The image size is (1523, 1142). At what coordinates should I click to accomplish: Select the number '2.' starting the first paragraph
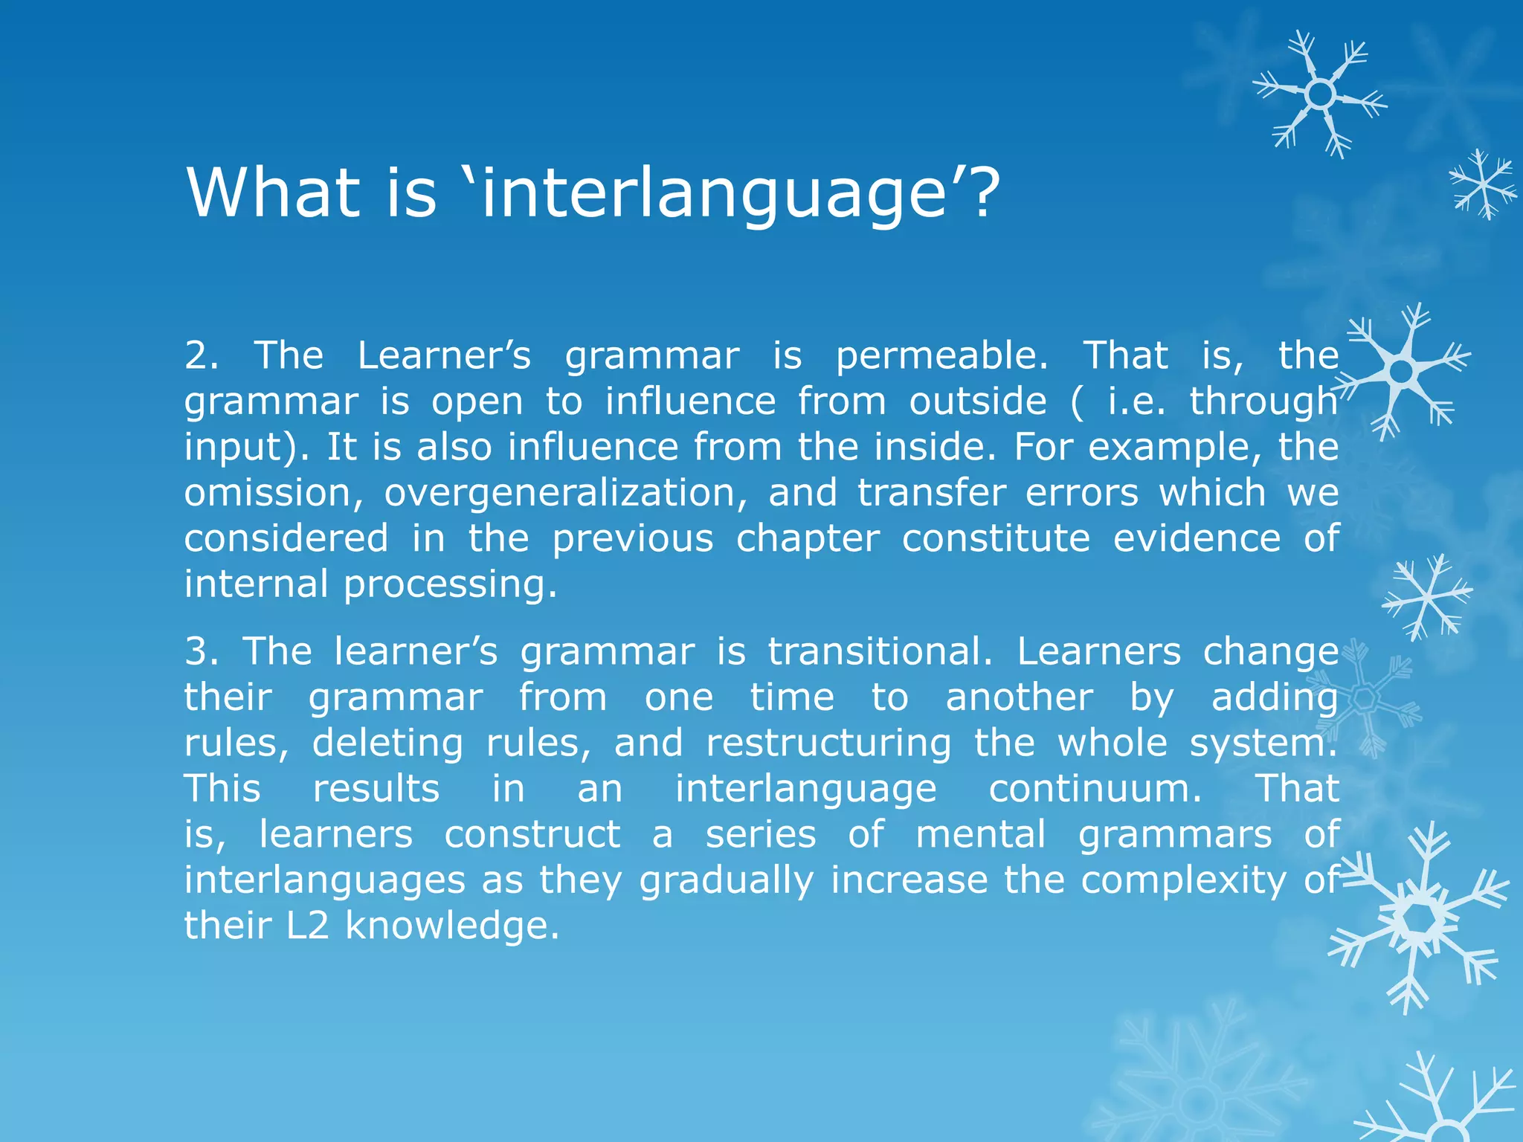coord(202,355)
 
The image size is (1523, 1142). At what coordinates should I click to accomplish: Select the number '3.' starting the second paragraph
coord(202,651)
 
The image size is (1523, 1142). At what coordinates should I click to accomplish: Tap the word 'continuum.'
coord(1095,788)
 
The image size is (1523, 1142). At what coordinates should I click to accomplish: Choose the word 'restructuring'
coord(828,743)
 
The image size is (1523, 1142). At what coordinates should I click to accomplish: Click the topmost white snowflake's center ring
coord(1320,94)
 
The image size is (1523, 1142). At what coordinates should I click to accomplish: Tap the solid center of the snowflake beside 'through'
coord(1401,371)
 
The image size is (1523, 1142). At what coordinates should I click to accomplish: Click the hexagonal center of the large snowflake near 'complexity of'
coord(1421,920)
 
